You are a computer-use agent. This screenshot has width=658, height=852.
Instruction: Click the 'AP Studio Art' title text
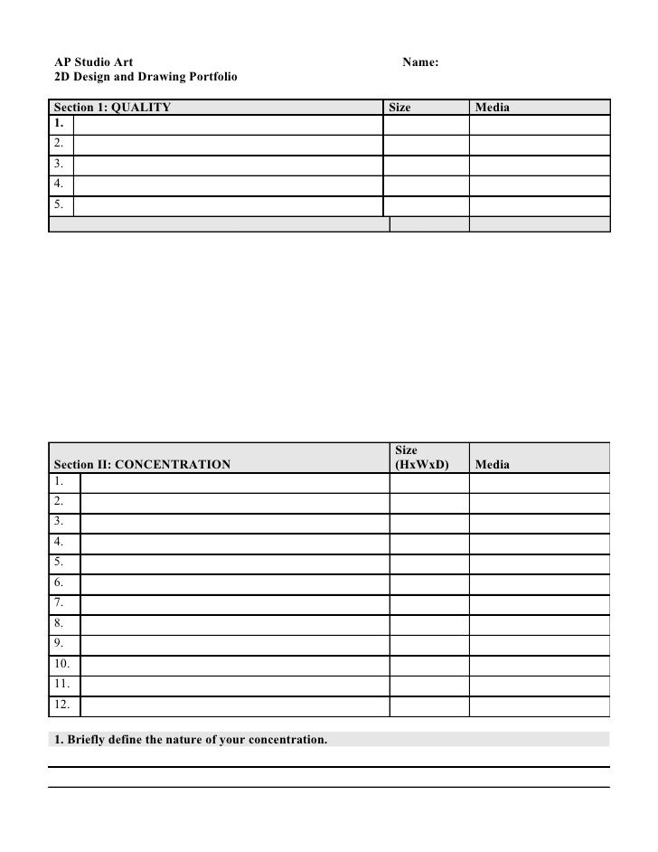point(94,62)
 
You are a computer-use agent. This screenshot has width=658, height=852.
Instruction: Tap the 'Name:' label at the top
point(420,62)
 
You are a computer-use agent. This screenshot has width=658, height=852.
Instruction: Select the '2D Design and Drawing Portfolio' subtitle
point(146,79)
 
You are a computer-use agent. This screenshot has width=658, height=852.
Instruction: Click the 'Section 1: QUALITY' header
point(112,107)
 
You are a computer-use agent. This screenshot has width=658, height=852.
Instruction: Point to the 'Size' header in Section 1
point(399,107)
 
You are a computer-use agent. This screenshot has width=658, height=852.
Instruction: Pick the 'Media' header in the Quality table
point(492,107)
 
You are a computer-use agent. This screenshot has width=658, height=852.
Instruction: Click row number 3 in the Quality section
point(58,165)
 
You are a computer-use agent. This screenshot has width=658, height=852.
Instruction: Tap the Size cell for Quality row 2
point(426,145)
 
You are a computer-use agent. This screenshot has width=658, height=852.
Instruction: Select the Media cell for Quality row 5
point(539,206)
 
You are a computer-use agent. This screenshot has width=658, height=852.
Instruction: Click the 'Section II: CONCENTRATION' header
point(143,464)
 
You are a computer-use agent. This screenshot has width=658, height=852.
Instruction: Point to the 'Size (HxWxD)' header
point(422,457)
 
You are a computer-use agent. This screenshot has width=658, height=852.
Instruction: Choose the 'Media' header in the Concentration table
point(492,464)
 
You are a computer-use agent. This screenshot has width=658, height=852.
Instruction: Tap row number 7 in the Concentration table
point(59,602)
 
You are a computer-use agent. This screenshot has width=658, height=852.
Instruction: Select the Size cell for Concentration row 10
point(428,664)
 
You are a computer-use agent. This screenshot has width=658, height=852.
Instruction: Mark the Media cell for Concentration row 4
point(539,542)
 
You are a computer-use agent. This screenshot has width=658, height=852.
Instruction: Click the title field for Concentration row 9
point(234,644)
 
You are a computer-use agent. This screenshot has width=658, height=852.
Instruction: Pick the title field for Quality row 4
point(228,185)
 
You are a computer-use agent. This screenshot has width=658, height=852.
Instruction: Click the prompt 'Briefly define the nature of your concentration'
point(191,740)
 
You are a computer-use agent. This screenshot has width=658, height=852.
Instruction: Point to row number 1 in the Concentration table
point(59,480)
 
